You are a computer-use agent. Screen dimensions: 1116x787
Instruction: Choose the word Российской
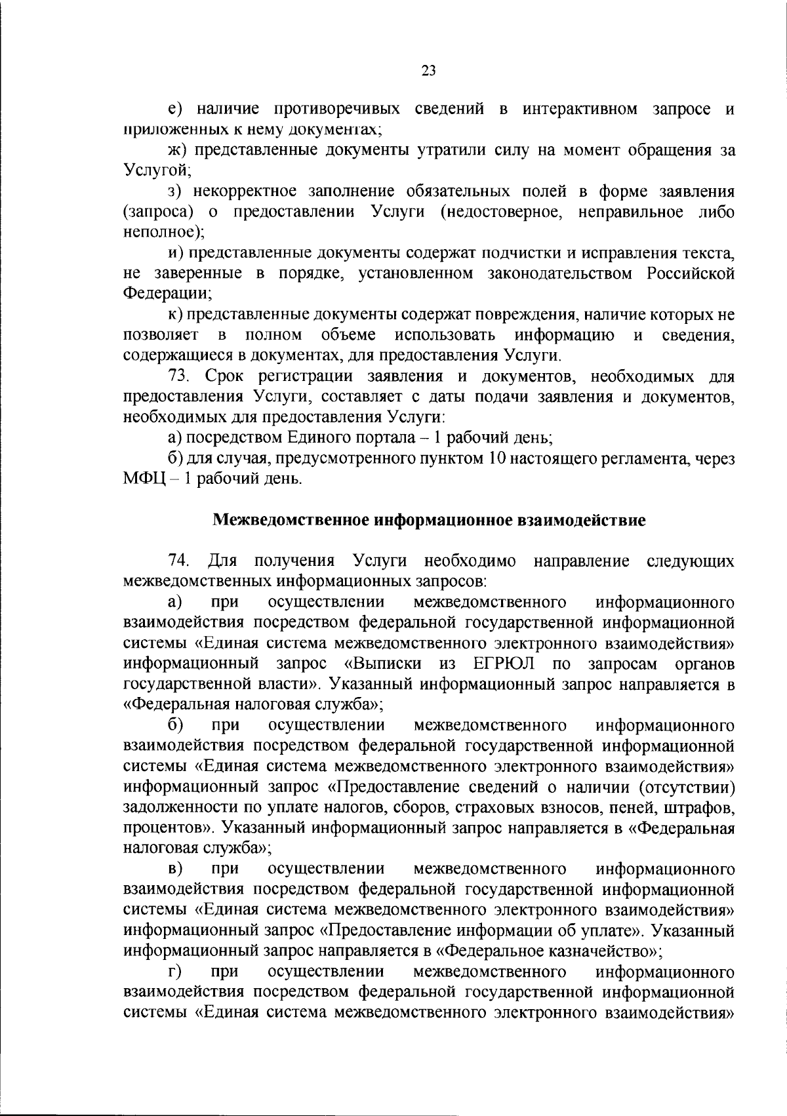point(691,273)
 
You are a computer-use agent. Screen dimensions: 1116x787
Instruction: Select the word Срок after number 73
point(224,376)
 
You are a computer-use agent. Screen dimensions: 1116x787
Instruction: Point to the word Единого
point(308,437)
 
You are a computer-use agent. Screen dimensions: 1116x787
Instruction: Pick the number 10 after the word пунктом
point(494,458)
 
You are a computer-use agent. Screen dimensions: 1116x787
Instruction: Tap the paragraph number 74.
point(179,561)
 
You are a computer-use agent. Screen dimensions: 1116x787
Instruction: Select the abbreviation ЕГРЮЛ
point(502,664)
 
